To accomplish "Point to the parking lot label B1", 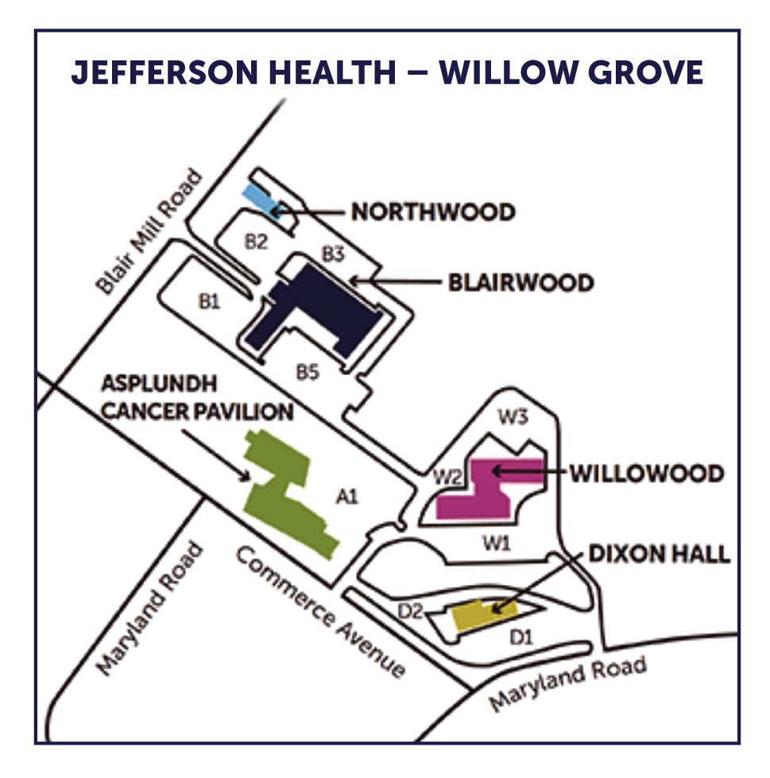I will tap(209, 301).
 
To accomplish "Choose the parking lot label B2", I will tap(255, 242).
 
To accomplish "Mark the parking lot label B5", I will tap(308, 371).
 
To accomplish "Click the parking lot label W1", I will tap(496, 544).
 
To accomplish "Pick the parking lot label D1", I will tap(520, 637).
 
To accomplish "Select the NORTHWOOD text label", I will tap(433, 213).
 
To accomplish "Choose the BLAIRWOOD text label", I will tap(520, 283).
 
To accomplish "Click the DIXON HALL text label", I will tap(659, 554).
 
